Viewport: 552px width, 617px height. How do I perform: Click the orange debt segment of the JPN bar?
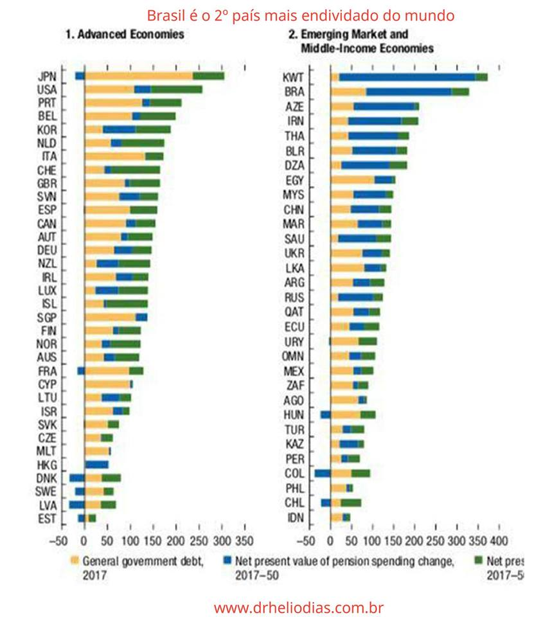click(x=138, y=76)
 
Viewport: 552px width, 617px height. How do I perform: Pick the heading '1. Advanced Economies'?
click(x=125, y=35)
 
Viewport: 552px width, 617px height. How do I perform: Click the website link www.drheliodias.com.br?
click(x=299, y=607)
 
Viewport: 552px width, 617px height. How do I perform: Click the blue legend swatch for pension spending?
click(x=229, y=561)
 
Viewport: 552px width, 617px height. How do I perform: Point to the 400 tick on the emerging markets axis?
click(x=499, y=540)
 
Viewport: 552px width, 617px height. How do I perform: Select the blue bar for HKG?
click(x=97, y=465)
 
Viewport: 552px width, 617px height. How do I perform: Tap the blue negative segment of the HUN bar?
click(x=325, y=415)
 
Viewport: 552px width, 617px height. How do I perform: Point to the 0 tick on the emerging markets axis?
click(x=331, y=540)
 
